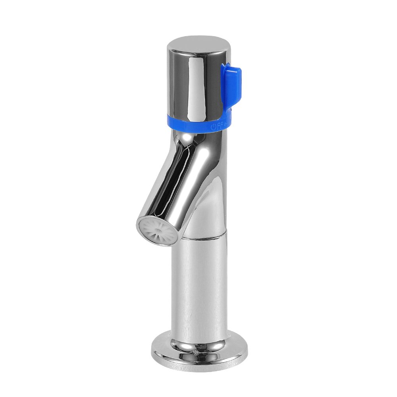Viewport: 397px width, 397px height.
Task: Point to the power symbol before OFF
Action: [x=214, y=127]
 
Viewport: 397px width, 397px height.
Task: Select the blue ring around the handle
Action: [x=191, y=123]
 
